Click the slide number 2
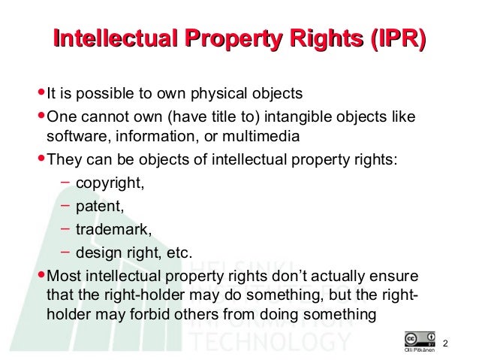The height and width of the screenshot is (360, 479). coord(445,344)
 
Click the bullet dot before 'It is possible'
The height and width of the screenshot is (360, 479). coord(41,94)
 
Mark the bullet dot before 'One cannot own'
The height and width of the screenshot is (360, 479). coord(41,116)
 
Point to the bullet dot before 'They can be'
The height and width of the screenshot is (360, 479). coord(41,161)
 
